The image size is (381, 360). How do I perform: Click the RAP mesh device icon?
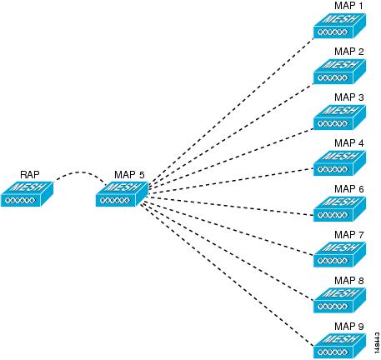[x=27, y=194]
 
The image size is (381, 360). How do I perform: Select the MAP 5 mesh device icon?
[x=122, y=194]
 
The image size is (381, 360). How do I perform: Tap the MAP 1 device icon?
[x=339, y=26]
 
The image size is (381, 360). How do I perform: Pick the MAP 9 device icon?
[x=339, y=347]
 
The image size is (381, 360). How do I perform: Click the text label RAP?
[x=30, y=175]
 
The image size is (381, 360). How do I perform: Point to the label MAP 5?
[x=129, y=175]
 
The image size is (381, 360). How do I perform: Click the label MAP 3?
[x=349, y=97]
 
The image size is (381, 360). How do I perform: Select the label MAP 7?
[x=349, y=235]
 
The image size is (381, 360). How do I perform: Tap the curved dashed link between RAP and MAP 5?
[x=81, y=172]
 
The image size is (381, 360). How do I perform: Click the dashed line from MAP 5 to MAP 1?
[x=231, y=111]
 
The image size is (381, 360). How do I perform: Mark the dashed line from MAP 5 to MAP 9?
[x=227, y=275]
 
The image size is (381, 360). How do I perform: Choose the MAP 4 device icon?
[x=339, y=163]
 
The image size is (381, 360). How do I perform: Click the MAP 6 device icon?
[x=339, y=209]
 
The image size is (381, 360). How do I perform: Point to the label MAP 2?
[x=349, y=52]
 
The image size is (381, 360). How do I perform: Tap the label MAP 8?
[x=349, y=281]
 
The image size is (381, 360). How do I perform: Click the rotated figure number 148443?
[x=377, y=342]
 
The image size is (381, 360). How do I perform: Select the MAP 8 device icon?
[x=339, y=301]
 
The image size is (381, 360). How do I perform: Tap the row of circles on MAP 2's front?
[x=333, y=78]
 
